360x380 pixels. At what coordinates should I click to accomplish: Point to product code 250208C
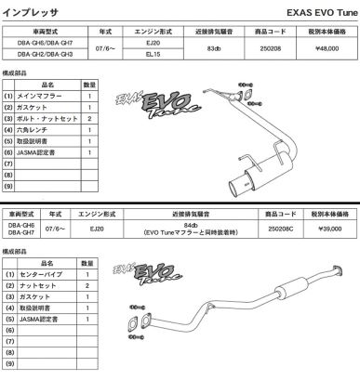pos(281,229)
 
